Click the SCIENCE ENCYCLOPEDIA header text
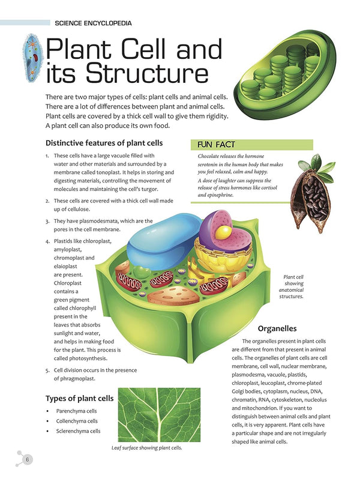[93, 23]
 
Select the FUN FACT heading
[216, 145]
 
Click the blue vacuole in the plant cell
[166, 239]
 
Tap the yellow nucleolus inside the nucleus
[223, 232]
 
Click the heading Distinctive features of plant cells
[104, 143]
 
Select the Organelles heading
[277, 328]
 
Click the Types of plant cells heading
[80, 399]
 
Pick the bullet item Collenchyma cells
[77, 421]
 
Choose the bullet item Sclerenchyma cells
[78, 431]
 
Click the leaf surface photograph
[159, 414]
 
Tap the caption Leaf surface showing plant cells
[147, 448]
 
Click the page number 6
[28, 459]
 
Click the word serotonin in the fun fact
[208, 165]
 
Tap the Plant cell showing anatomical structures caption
[291, 287]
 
